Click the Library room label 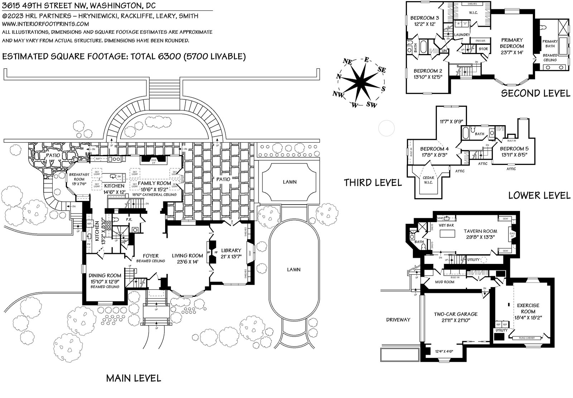coord(231,250)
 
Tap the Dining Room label coord(105,275)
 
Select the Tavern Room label coord(480,231)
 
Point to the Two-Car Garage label coord(456,314)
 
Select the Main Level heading coord(133,378)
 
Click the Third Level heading coord(372,182)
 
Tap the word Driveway coord(398,319)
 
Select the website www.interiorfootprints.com coord(45,24)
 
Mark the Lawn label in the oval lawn coord(294,270)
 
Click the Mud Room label coord(444,282)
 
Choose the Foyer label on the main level coord(151,256)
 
